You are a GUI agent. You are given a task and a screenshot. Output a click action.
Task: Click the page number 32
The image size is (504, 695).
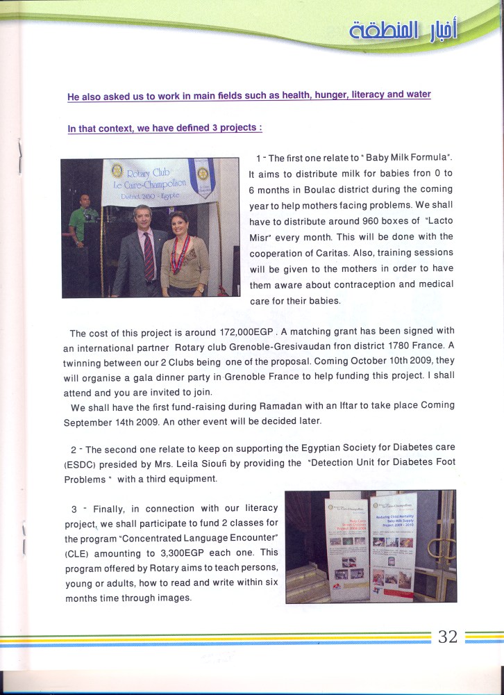click(x=448, y=637)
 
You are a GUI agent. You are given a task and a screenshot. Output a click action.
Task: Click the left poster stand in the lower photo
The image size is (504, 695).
click(x=348, y=549)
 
